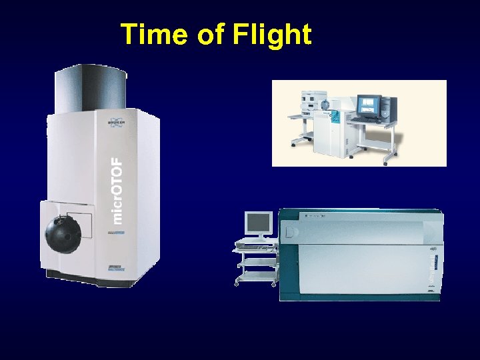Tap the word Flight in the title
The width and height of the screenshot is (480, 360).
click(272, 35)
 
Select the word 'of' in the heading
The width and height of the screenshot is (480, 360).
click(211, 35)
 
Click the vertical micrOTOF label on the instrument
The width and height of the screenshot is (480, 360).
click(117, 190)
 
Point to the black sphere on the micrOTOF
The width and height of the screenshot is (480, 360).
click(63, 232)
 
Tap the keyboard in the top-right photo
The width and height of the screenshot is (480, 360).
click(366, 120)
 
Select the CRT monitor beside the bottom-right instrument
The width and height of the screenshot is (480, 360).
click(258, 223)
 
